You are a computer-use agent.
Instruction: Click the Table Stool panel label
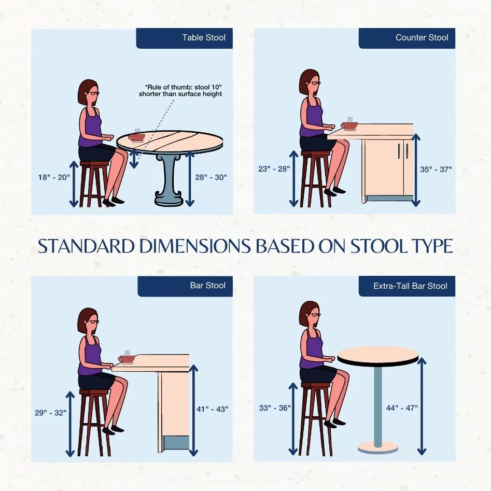[204, 37]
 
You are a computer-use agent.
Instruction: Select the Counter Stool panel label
[422, 37]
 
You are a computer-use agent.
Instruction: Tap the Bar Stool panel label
[207, 285]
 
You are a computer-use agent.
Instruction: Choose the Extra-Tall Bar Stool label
[410, 286]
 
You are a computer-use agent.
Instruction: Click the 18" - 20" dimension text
[54, 177]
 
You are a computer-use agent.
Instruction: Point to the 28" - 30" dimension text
[211, 177]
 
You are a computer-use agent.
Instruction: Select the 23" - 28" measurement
[274, 169]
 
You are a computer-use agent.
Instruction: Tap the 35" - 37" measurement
[436, 170]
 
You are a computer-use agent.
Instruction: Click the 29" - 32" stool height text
[51, 413]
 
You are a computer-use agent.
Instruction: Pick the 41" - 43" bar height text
[212, 409]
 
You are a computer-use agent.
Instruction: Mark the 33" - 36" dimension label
[275, 408]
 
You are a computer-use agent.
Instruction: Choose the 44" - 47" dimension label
[402, 408]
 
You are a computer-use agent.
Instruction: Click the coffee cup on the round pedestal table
[136, 137]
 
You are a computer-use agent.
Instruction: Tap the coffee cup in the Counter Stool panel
[349, 125]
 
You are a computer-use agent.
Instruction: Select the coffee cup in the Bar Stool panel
[127, 359]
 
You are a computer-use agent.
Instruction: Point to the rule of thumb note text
[180, 91]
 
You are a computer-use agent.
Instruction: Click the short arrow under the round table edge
[134, 159]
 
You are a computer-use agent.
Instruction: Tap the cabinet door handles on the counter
[403, 151]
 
